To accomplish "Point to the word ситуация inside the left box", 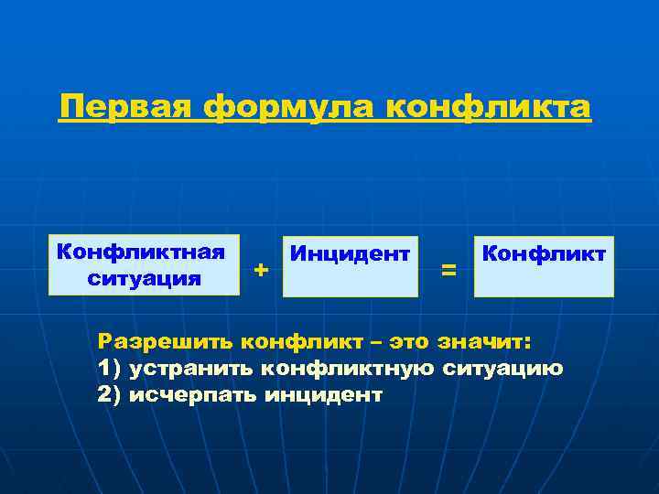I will pos(145,277).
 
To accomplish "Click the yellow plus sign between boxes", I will pos(261,270).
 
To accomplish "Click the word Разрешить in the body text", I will pos(166,342).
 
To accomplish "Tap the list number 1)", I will pos(109,369).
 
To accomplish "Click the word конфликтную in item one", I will pos(347,369).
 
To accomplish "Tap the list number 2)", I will pos(109,395).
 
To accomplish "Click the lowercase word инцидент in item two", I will pos(322,395).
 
